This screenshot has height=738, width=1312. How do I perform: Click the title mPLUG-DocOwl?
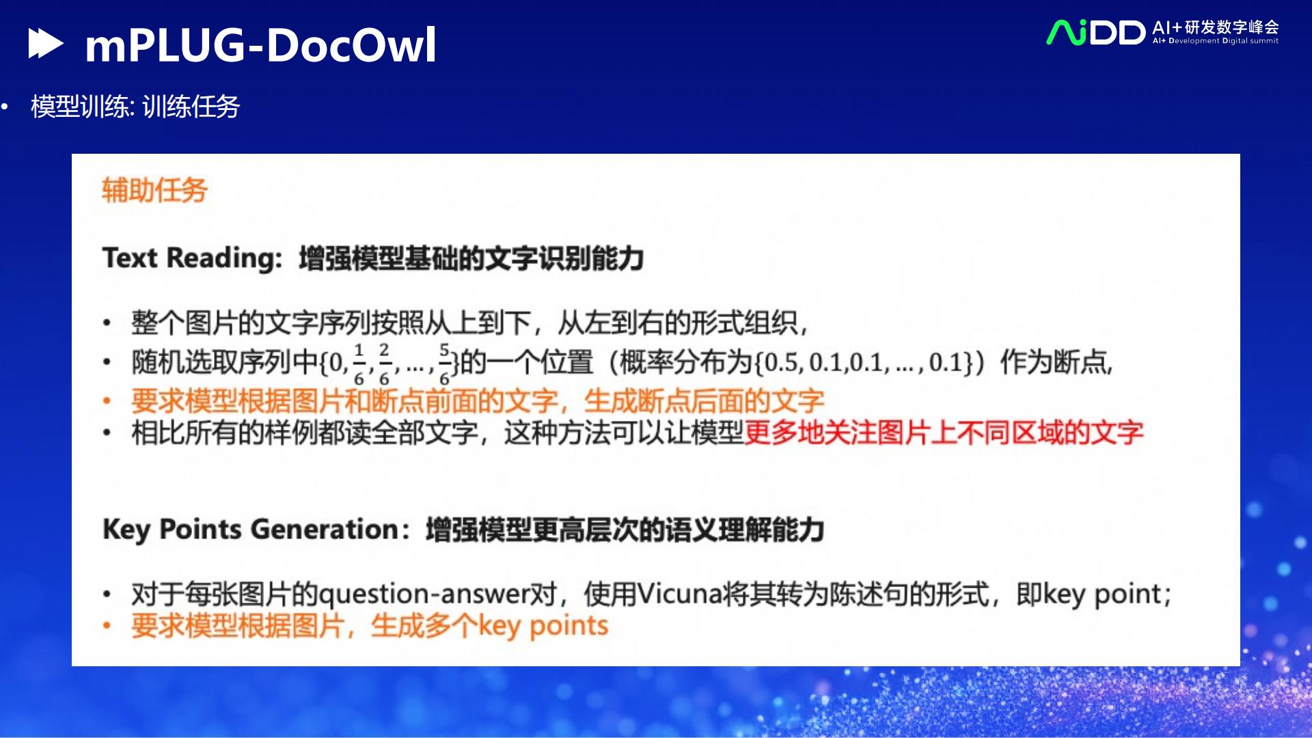[x=260, y=45]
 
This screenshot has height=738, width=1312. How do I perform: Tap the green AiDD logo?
[x=1095, y=32]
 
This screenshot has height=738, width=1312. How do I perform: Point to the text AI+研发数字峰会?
[x=1215, y=27]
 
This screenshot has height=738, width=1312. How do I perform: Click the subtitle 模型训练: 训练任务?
[x=135, y=107]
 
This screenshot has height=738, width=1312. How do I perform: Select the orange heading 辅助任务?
[x=154, y=190]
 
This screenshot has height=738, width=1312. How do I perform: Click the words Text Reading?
[x=192, y=258]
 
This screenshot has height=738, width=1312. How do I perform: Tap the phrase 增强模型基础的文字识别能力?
[x=471, y=258]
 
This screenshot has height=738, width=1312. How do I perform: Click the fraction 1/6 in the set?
[x=359, y=364]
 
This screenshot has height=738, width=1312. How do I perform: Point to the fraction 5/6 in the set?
[x=444, y=364]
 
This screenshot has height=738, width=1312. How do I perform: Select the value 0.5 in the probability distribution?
[x=783, y=362]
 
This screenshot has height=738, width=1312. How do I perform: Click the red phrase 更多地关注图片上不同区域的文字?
[x=943, y=433]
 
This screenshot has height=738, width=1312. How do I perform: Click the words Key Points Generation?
[x=251, y=530]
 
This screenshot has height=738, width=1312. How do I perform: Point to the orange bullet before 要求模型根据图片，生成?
[x=107, y=626]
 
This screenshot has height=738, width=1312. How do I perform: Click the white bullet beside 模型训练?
[x=5, y=107]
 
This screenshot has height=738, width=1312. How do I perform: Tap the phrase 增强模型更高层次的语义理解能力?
[x=625, y=530]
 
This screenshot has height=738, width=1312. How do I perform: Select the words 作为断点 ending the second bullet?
[x=1055, y=362]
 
